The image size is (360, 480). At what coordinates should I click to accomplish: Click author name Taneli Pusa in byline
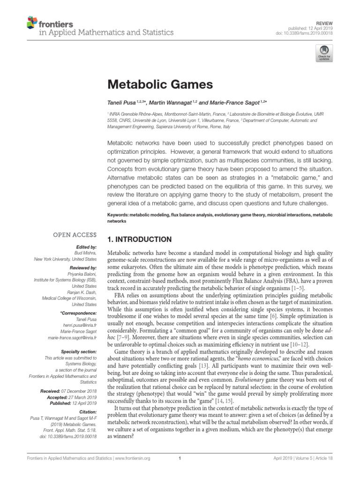pyautogui.click(x=121, y=103)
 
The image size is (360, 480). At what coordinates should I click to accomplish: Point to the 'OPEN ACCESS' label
pyautogui.click(x=75, y=234)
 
